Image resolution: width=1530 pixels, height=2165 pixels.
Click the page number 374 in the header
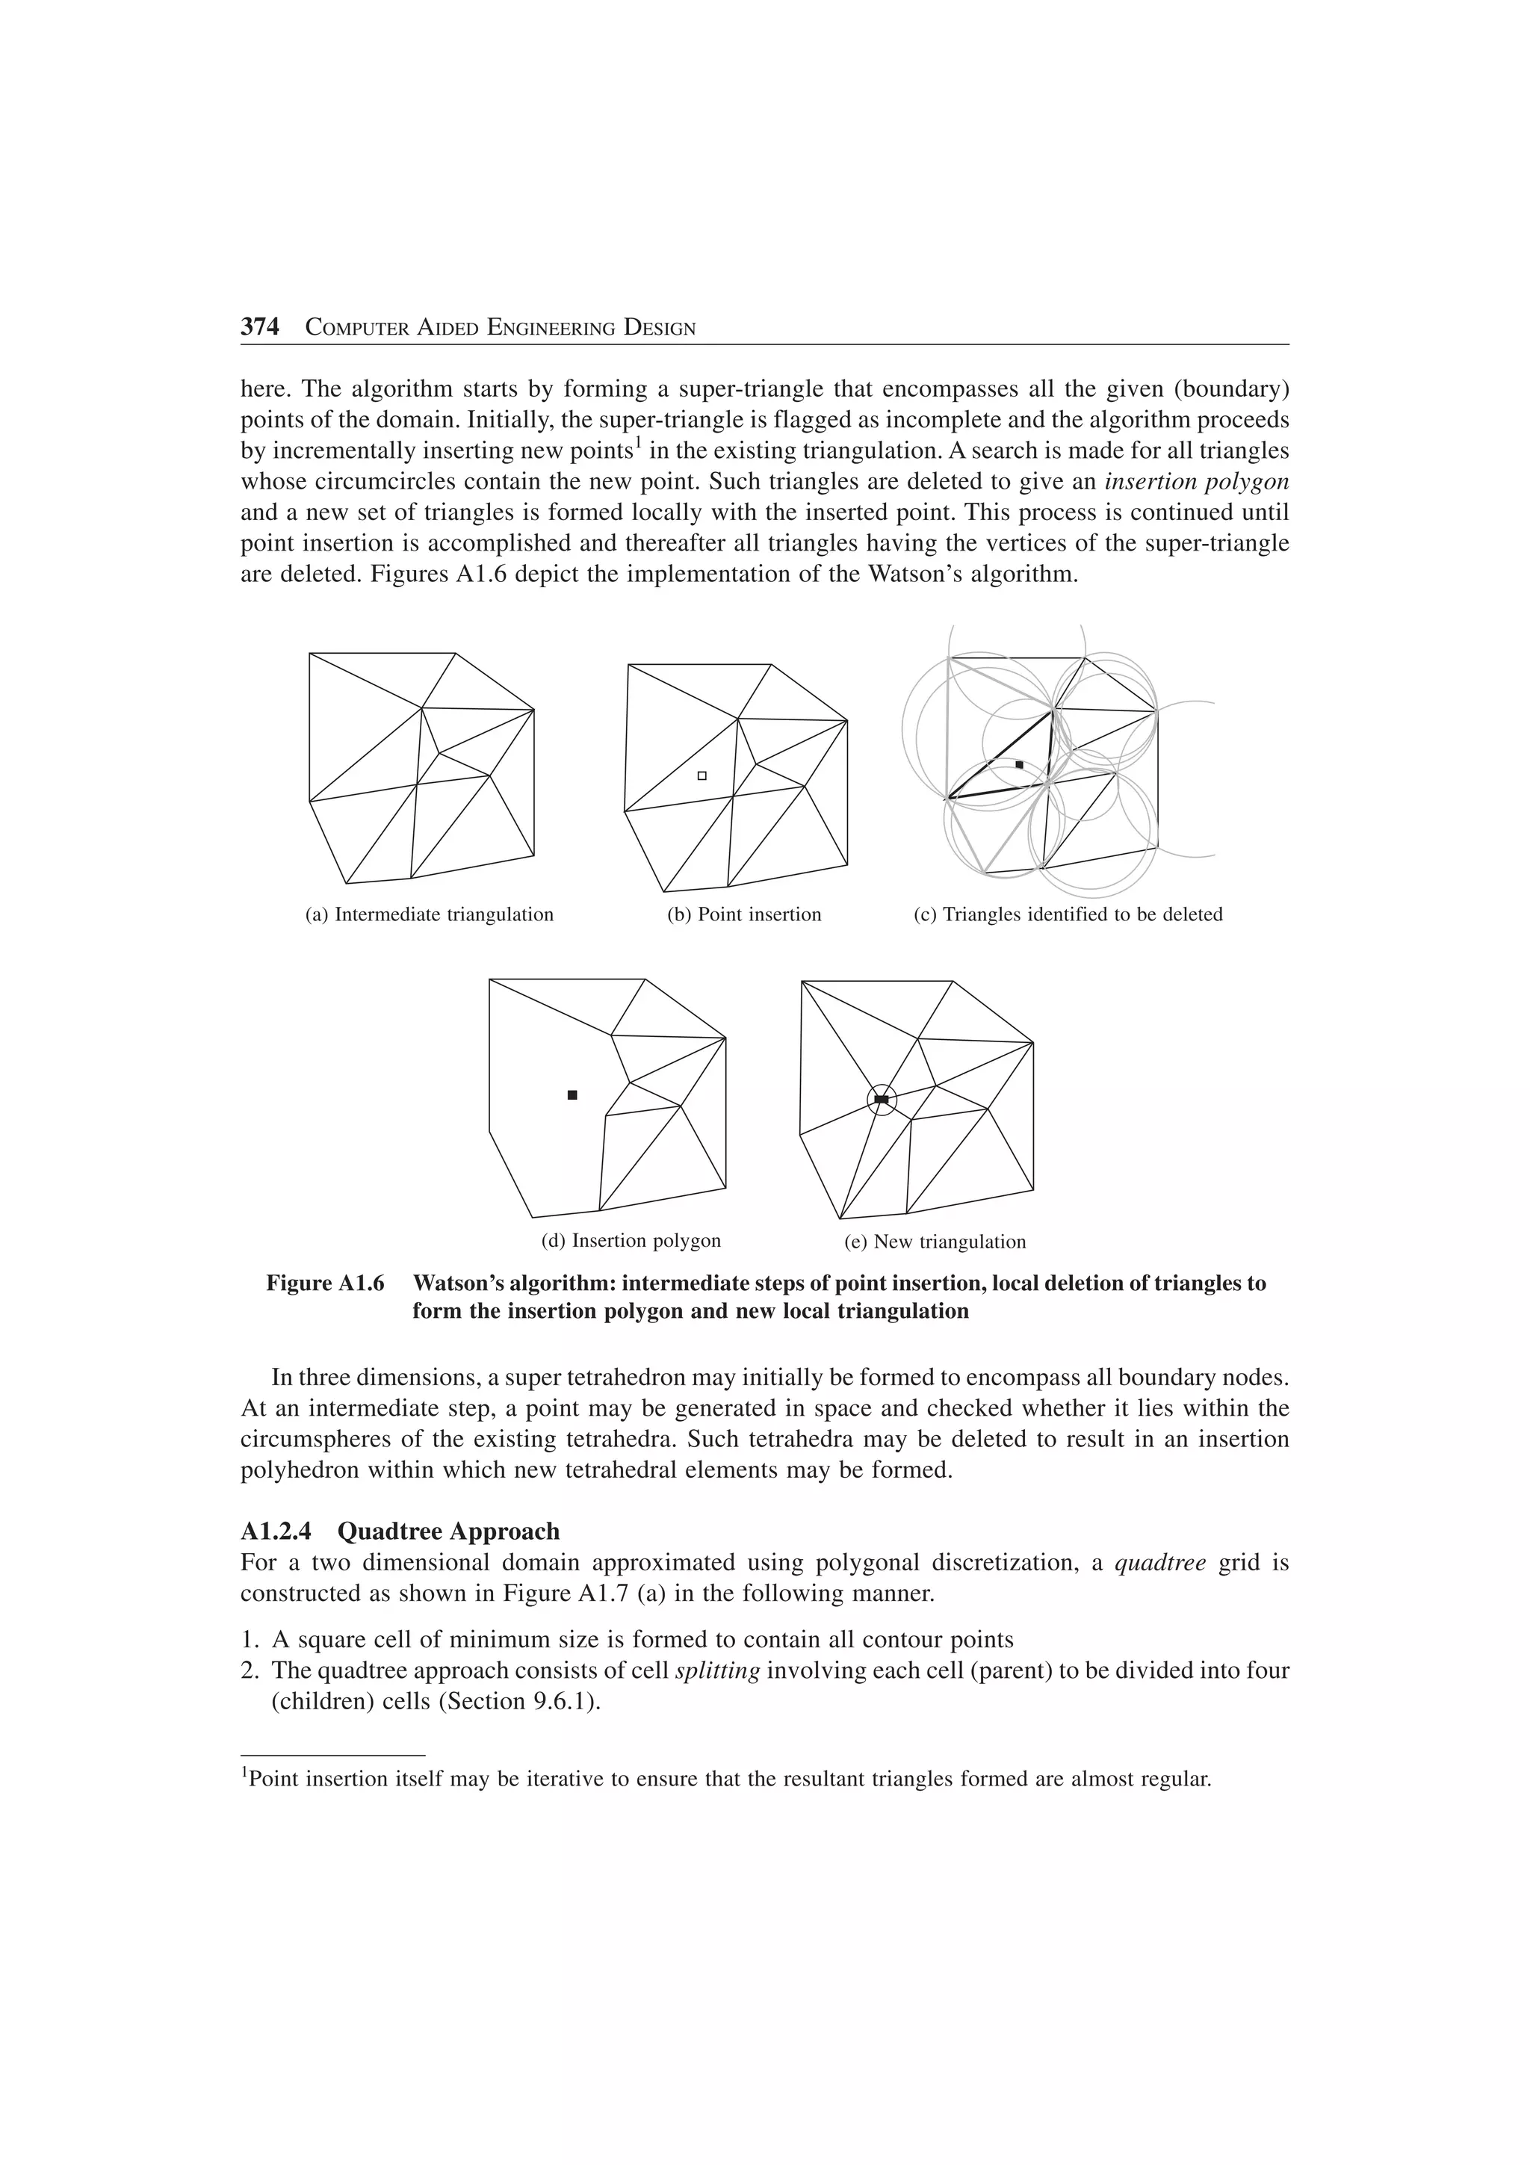(260, 327)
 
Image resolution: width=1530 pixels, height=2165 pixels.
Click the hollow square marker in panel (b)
(701, 775)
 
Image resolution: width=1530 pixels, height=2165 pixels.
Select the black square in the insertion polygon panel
(572, 1094)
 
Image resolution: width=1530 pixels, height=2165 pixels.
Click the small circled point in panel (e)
(882, 1100)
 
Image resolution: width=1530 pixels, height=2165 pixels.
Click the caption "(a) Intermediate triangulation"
(429, 914)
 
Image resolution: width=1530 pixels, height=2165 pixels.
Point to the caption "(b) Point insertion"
(744, 914)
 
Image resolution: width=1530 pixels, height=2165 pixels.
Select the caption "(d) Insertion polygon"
(631, 1241)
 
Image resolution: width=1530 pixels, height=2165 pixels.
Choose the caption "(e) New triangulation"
(935, 1242)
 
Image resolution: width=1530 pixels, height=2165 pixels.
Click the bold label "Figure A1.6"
(325, 1283)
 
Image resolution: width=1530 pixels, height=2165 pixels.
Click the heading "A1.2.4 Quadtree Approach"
(400, 1531)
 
